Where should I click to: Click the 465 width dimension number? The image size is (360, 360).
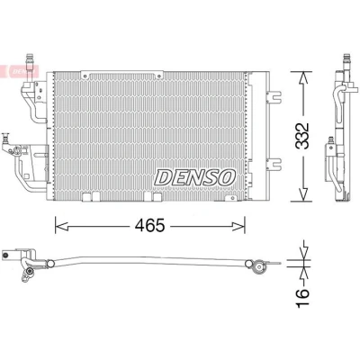click(x=149, y=225)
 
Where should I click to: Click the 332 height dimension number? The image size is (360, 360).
click(x=302, y=136)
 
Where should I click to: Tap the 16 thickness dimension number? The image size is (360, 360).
click(x=302, y=298)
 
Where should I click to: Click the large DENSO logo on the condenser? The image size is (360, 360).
click(x=195, y=177)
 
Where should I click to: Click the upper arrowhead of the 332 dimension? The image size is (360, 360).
click(x=304, y=78)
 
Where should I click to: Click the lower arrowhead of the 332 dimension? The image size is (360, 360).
click(x=304, y=195)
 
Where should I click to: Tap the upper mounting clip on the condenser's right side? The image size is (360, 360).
click(x=274, y=95)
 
